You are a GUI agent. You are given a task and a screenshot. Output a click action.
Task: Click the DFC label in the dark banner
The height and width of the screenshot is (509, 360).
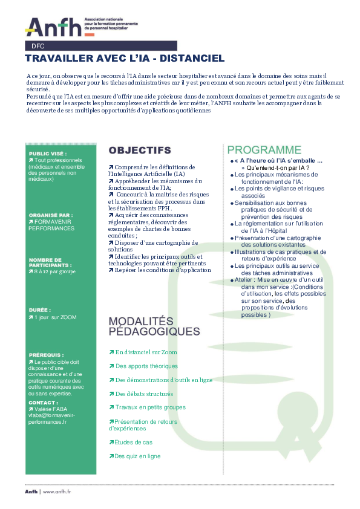coord(38,46)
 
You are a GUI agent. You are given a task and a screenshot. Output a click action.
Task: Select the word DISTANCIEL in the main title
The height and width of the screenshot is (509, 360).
coord(191,59)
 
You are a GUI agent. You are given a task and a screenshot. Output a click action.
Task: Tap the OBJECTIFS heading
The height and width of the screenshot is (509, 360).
coord(140,150)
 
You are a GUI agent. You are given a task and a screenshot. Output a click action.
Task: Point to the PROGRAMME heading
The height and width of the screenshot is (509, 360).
coord(264,150)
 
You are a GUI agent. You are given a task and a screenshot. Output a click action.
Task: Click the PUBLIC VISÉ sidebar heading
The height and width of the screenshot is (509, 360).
coord(48,154)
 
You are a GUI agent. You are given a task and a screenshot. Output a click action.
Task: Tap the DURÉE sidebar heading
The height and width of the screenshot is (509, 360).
coord(39,308)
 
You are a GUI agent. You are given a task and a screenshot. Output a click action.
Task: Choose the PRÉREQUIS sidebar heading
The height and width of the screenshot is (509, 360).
coord(46,355)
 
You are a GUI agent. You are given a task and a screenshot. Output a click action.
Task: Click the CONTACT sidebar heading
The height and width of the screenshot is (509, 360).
coord(44,402)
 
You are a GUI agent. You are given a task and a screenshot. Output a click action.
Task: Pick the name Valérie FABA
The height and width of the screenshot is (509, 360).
coord(54,409)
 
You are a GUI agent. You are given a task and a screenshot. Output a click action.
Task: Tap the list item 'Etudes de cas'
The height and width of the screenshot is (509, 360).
coord(134,443)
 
